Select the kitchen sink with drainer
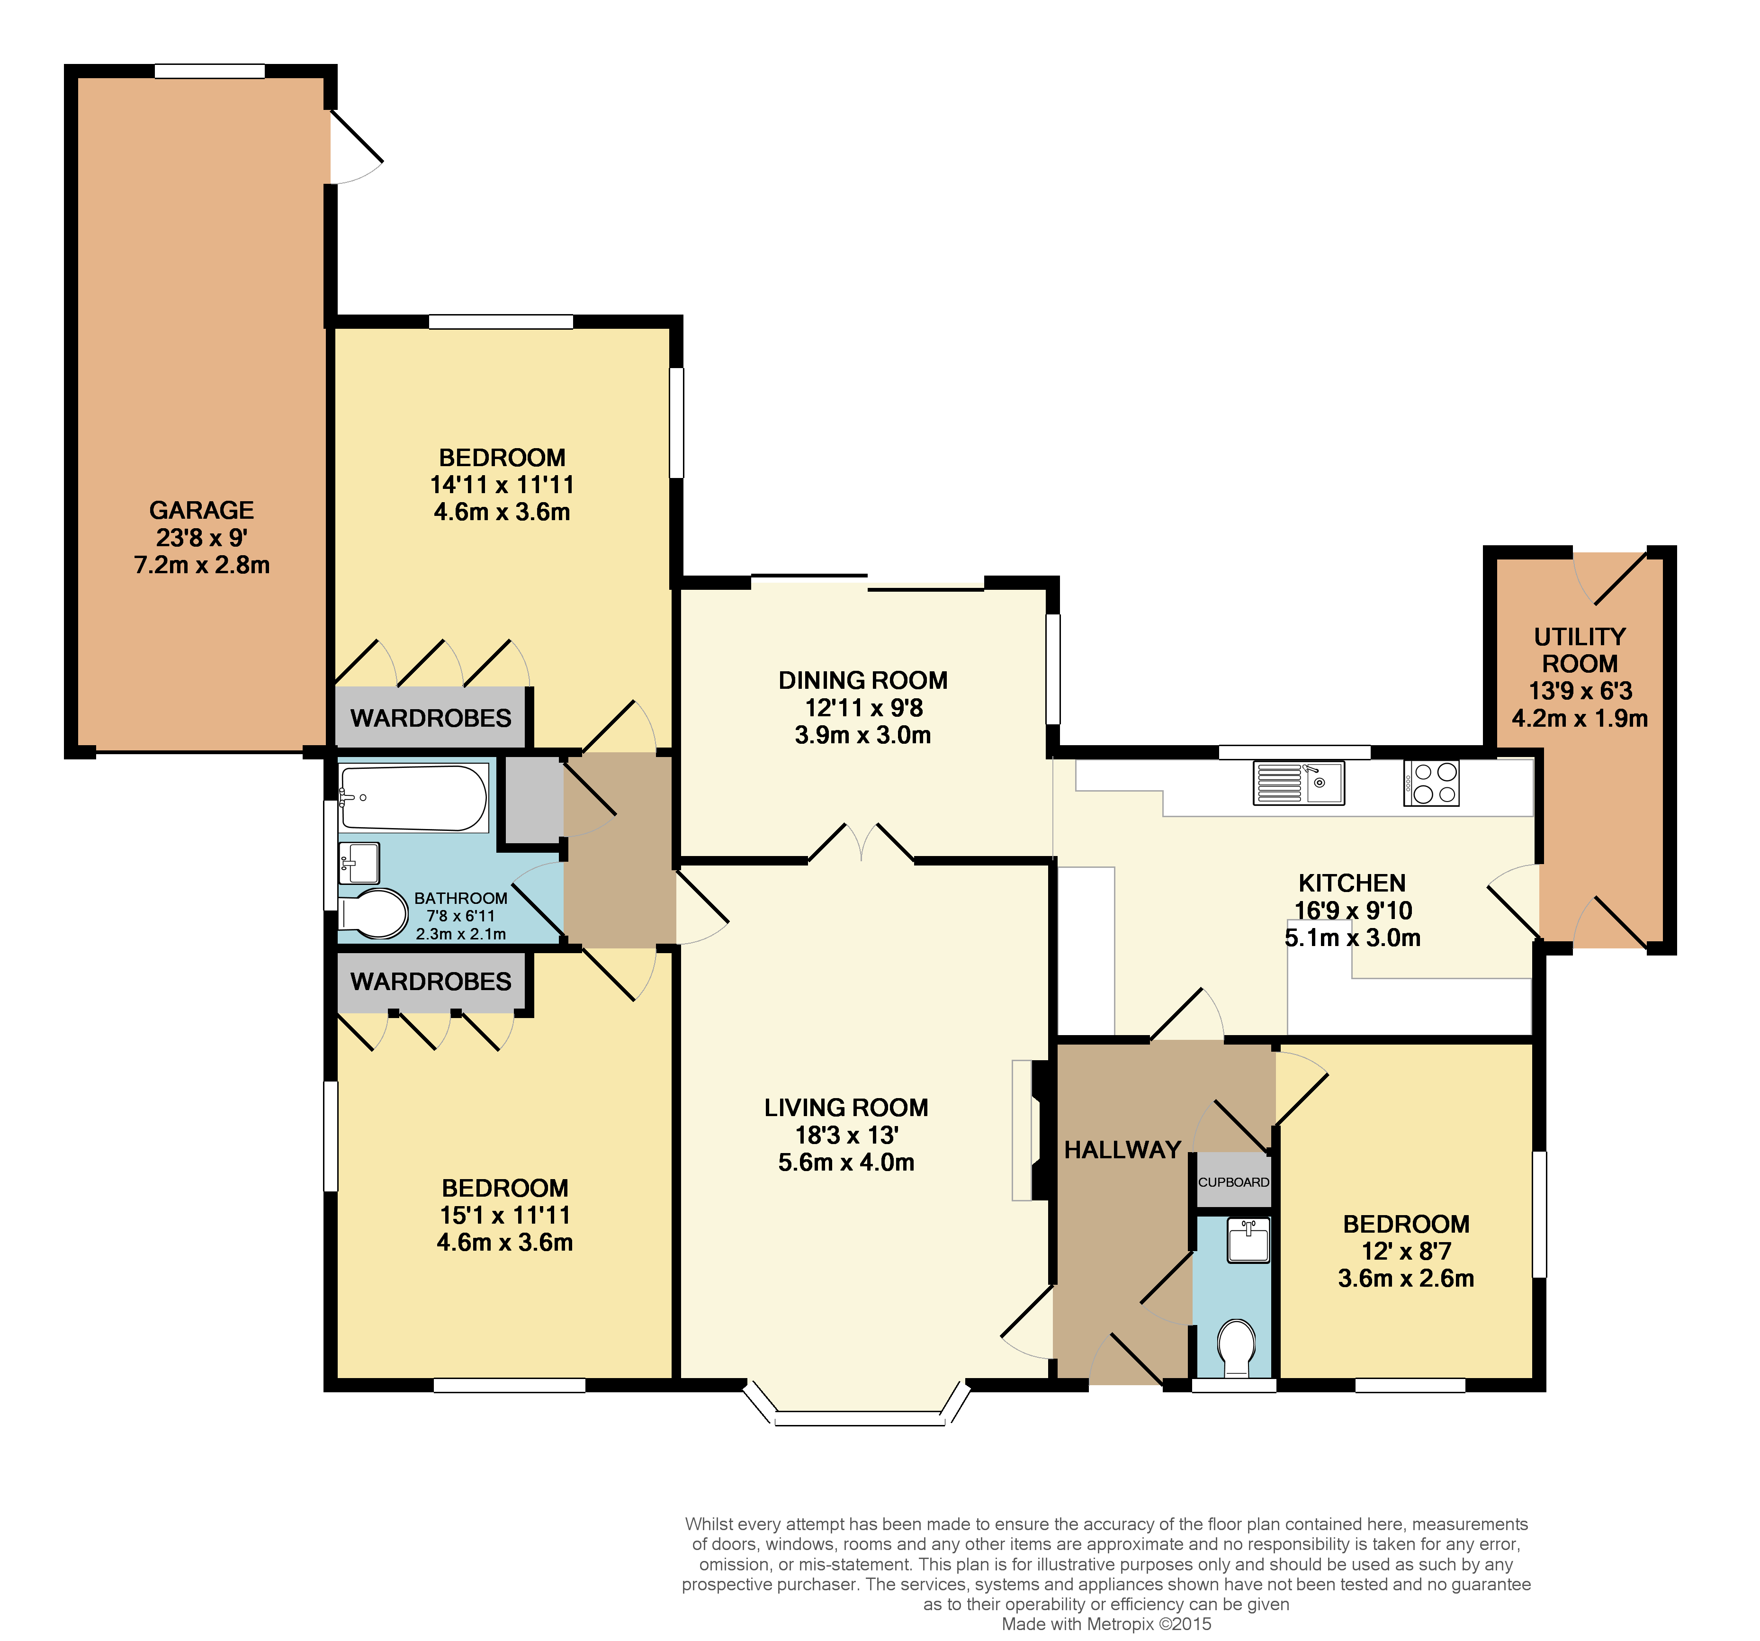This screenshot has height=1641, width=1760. click(x=1299, y=783)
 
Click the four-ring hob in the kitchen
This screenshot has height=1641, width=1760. click(x=1431, y=783)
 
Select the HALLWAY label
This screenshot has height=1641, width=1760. click(x=1122, y=1149)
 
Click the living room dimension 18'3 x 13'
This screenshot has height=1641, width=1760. click(x=846, y=1135)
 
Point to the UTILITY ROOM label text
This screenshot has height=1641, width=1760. click(x=1580, y=650)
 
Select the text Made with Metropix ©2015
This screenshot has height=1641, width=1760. click(x=1106, y=1624)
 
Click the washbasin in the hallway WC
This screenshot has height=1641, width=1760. click(x=1248, y=1240)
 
